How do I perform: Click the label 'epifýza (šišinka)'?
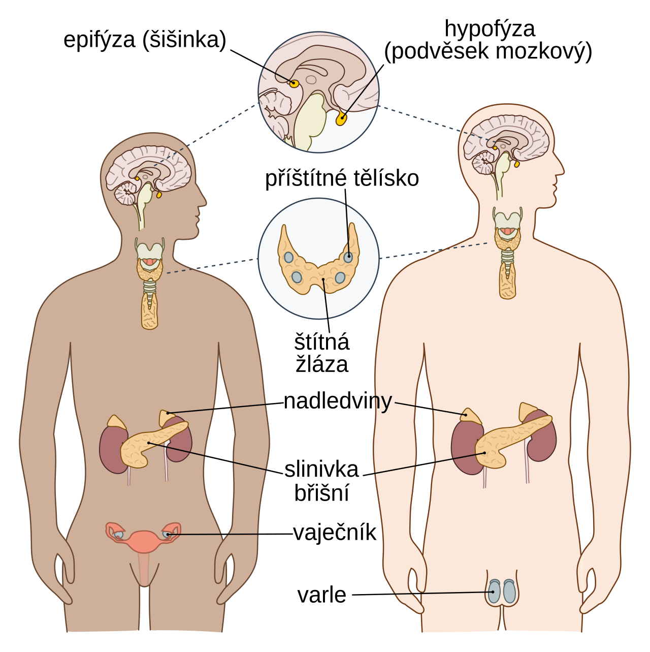[145, 40]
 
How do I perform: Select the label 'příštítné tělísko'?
[342, 178]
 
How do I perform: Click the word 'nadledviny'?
[338, 401]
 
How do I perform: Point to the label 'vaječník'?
[335, 533]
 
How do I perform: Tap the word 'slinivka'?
[321, 470]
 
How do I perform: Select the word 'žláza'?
[322, 364]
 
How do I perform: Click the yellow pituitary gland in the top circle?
[341, 118]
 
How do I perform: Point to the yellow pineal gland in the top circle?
[294, 83]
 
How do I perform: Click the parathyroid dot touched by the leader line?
[348, 257]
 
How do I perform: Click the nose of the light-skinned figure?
[561, 169]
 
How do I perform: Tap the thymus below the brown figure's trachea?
[149, 312]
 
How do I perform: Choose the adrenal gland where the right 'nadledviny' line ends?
[471, 416]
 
